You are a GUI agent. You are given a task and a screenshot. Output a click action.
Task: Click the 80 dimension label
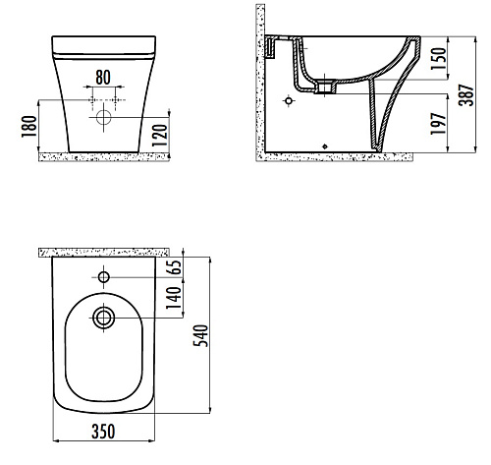coord(103,78)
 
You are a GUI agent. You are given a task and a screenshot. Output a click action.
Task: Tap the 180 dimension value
coord(29,127)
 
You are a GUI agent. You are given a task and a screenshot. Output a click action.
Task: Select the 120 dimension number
coord(160,136)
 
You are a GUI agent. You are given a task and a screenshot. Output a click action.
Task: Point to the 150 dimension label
coord(438,58)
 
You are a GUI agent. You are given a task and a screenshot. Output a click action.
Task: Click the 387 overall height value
coord(466,95)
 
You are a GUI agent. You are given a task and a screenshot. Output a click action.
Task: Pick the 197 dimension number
coord(438,124)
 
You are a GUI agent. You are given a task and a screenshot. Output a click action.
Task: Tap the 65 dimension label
coord(175,267)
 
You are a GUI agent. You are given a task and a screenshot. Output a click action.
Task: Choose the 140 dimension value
coord(174,298)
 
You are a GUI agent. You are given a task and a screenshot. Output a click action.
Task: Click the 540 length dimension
coord(200,335)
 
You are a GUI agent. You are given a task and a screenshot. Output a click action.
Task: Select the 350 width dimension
coord(103,432)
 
